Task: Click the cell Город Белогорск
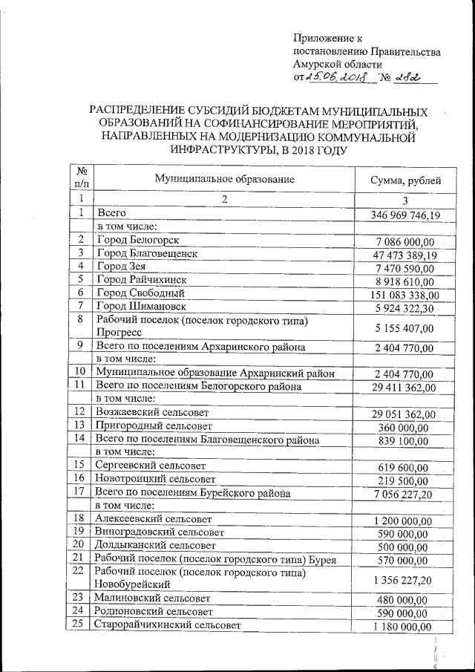(x=138, y=241)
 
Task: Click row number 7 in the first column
(x=80, y=306)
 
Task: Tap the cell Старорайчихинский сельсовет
(x=167, y=626)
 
